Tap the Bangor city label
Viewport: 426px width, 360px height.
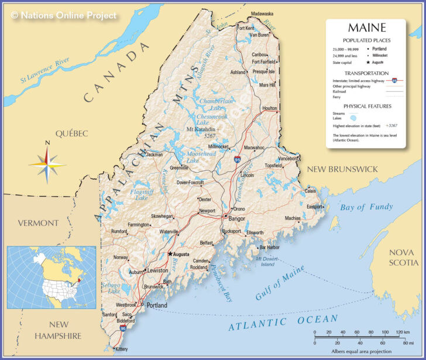pyautogui.click(x=236, y=218)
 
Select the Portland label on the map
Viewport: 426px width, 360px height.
pyautogui.click(x=157, y=306)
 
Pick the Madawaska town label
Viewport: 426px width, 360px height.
pyautogui.click(x=262, y=13)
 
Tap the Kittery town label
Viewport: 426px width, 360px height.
pyautogui.click(x=121, y=349)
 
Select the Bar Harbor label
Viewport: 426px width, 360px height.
pyautogui.click(x=269, y=248)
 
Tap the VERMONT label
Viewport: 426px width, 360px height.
pyautogui.click(x=38, y=223)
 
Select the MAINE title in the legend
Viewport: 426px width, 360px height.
pyautogui.click(x=367, y=28)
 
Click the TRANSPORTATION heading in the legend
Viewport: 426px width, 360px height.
pyautogui.click(x=367, y=73)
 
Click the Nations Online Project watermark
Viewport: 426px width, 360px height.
pyautogui.click(x=64, y=16)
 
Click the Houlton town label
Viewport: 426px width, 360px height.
pyautogui.click(x=270, y=108)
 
